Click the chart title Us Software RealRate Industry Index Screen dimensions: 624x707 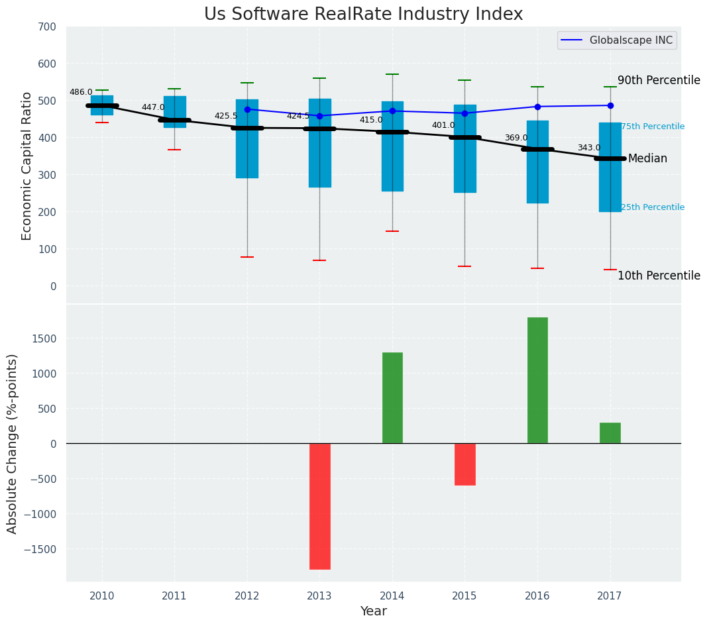coord(363,15)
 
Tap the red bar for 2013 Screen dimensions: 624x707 coord(319,506)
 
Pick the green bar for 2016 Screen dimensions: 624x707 coord(537,380)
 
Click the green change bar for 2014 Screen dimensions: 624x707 coord(392,397)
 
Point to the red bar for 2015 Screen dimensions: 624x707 coord(464,464)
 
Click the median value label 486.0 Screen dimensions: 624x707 coord(81,92)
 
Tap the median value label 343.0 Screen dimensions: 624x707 coord(588,148)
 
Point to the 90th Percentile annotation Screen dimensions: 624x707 coord(658,81)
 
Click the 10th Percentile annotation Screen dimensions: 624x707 coord(658,276)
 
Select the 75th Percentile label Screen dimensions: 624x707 coord(653,127)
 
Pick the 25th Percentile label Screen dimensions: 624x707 coord(653,207)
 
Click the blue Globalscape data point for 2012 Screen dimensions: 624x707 coord(247,109)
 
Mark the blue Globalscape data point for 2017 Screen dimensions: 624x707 coord(610,105)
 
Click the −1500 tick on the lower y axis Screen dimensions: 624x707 coord(40,549)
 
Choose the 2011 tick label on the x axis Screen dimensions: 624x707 coord(174,596)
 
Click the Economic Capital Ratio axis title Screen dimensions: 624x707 coord(27,166)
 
